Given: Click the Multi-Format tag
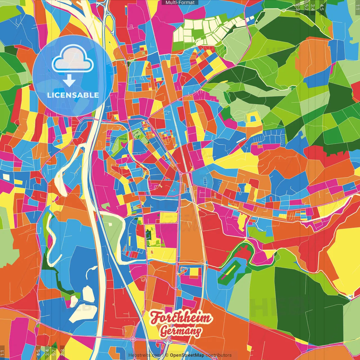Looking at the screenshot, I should pyautogui.click(x=180, y=3).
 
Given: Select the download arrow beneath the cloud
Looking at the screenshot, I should pyautogui.click(x=69, y=81).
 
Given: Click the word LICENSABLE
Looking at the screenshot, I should pyautogui.click(x=73, y=95).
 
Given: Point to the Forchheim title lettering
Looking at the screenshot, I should pyautogui.click(x=180, y=318).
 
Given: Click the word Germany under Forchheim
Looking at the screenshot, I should pyautogui.click(x=181, y=331).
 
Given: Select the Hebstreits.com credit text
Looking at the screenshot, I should pyautogui.click(x=145, y=355).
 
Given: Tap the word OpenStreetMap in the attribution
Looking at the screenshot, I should pyautogui.click(x=187, y=355).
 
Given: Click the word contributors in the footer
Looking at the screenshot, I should pyautogui.click(x=219, y=355).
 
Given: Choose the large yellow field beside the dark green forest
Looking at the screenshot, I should pyautogui.click(x=345, y=259).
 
